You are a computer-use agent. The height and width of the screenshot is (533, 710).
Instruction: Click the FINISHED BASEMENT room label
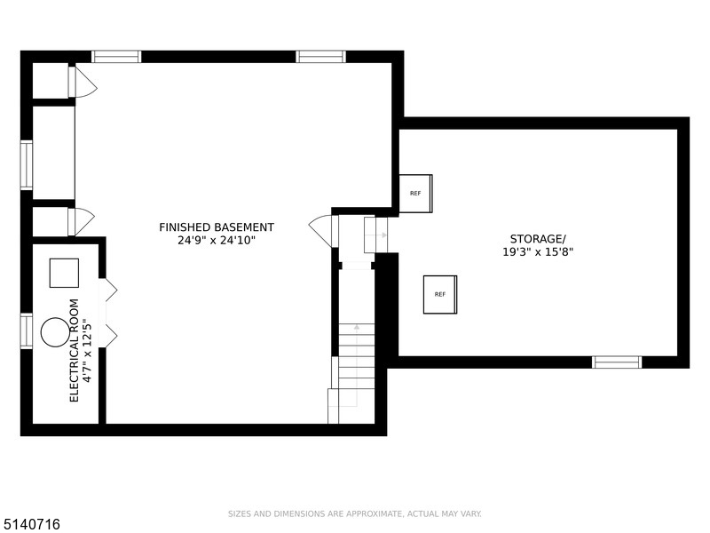(217, 227)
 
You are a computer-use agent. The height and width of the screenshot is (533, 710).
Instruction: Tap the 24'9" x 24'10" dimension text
(217, 240)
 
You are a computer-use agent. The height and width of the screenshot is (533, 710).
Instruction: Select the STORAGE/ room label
(538, 239)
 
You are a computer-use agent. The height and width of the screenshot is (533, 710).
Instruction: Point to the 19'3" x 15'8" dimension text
(538, 252)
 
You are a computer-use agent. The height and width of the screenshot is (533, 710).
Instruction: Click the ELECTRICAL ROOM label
(75, 350)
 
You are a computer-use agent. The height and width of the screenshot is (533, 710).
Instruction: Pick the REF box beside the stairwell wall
(415, 194)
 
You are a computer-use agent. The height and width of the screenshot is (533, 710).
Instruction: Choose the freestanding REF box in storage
(440, 295)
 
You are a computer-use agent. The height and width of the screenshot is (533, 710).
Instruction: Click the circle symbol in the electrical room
(55, 332)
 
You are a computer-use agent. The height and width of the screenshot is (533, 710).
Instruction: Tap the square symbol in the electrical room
(64, 273)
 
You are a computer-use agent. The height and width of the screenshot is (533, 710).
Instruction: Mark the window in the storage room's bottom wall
(617, 362)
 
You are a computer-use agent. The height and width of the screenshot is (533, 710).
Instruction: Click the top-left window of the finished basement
(116, 57)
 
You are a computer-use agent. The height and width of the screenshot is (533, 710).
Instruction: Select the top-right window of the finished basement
(321, 57)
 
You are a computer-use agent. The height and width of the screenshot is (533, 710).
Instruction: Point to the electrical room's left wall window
(27, 331)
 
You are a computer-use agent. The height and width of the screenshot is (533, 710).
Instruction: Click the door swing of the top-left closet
(86, 82)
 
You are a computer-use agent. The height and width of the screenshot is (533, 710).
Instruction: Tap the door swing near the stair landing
(320, 231)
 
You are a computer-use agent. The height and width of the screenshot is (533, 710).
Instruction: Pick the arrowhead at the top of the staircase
(357, 326)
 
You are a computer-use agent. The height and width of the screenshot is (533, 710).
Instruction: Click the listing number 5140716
(30, 524)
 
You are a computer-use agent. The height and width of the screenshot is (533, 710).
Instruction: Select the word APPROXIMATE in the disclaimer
(374, 514)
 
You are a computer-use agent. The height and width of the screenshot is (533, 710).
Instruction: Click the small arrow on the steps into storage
(376, 235)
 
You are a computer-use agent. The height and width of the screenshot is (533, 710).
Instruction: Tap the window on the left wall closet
(27, 164)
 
